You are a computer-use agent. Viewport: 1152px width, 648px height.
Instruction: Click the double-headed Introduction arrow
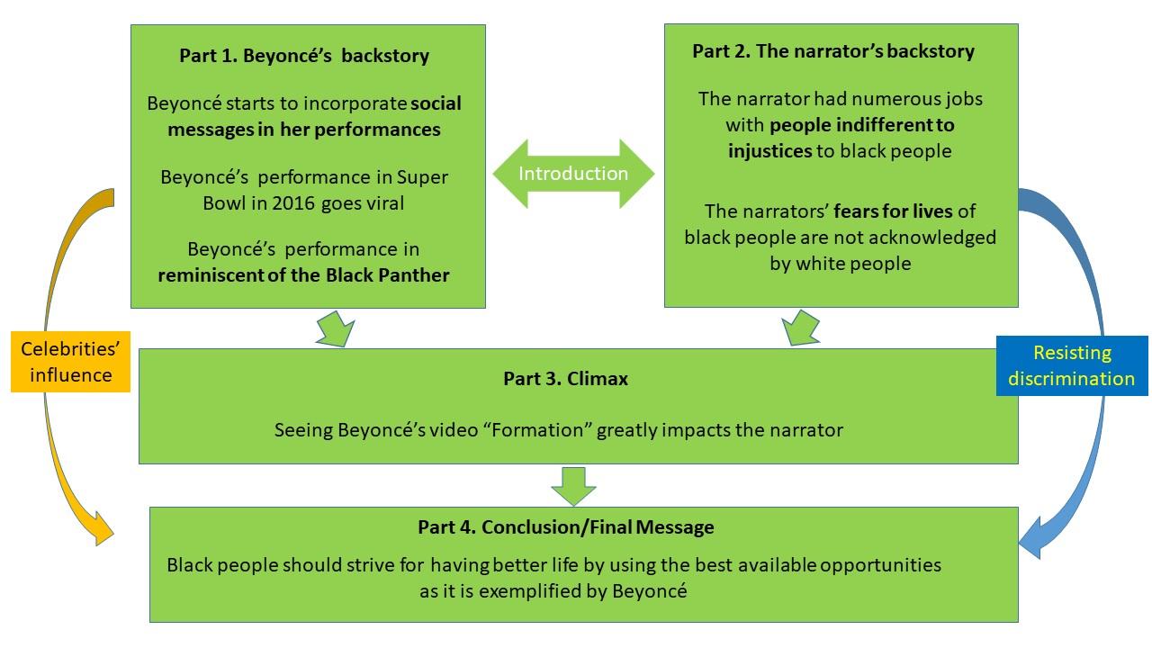(x=573, y=174)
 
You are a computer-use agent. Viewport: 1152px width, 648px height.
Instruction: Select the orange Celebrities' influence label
(x=70, y=362)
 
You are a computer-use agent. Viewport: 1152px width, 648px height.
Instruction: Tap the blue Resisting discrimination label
(x=1071, y=365)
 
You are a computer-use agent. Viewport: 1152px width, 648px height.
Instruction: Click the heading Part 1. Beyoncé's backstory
(x=304, y=56)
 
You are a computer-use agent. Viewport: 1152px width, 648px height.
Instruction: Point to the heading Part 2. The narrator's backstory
(x=832, y=51)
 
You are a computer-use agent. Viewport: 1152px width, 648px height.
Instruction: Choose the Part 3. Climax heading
(x=565, y=379)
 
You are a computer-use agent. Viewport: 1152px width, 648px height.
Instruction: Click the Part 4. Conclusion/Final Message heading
(x=565, y=527)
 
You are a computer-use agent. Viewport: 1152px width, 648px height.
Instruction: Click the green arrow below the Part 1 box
(x=333, y=328)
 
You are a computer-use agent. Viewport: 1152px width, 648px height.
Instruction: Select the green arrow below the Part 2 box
(x=800, y=328)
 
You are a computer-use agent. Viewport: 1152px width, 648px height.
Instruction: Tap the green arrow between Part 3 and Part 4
(x=573, y=486)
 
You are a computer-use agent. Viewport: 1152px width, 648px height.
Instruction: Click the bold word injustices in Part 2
(x=769, y=150)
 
